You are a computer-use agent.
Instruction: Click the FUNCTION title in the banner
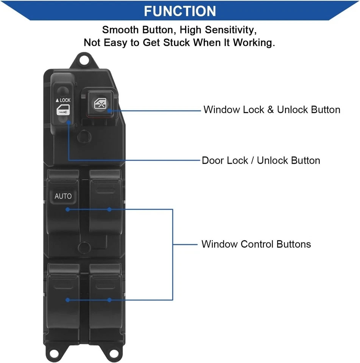pos(180,11)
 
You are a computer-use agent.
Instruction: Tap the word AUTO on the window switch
pos(63,196)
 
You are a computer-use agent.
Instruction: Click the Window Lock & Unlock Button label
pos(272,110)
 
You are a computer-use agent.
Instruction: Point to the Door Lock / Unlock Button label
pos(261,160)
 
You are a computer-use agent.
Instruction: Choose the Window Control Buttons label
pos(256,244)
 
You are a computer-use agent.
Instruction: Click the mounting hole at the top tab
pos(84,60)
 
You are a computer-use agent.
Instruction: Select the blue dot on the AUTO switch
pos(67,209)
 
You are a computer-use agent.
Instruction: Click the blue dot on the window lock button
pos(109,111)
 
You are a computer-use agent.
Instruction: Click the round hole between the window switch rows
pos(83,247)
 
